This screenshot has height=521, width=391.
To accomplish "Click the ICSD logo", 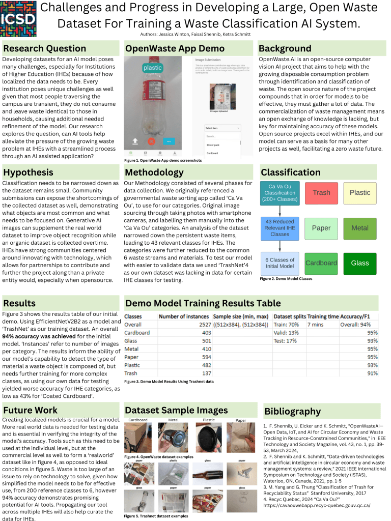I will pos(18,18).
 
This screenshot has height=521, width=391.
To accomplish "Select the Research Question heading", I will pos(45,48).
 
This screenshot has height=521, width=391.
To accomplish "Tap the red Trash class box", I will pos(321,193).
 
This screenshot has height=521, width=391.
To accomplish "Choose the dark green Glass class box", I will pos(360,263).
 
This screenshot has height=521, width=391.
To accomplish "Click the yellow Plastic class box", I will pos(360,193).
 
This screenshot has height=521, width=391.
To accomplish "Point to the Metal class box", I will pos(360,228).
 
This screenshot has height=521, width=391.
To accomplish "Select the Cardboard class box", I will pos(321,263).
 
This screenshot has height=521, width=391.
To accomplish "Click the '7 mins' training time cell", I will pos(315,325).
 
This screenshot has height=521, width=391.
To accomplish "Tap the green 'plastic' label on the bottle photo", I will pos(152,68).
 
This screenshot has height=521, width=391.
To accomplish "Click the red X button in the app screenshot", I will pos(151,141).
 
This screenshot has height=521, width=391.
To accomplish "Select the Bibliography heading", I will pos(292,411).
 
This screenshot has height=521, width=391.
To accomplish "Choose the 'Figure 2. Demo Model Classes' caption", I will pos(286,279).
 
